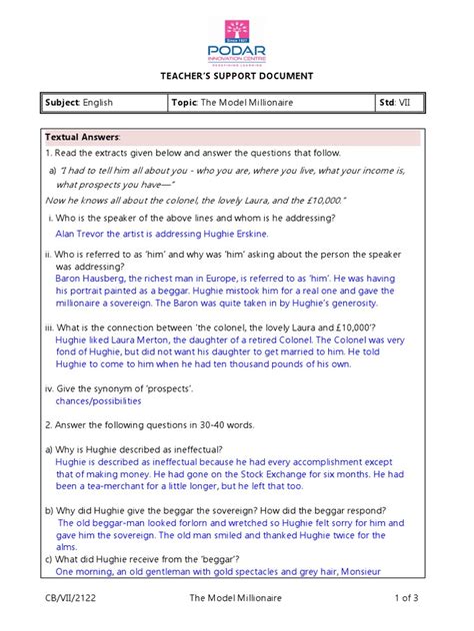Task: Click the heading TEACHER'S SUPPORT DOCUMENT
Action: tap(237, 77)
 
